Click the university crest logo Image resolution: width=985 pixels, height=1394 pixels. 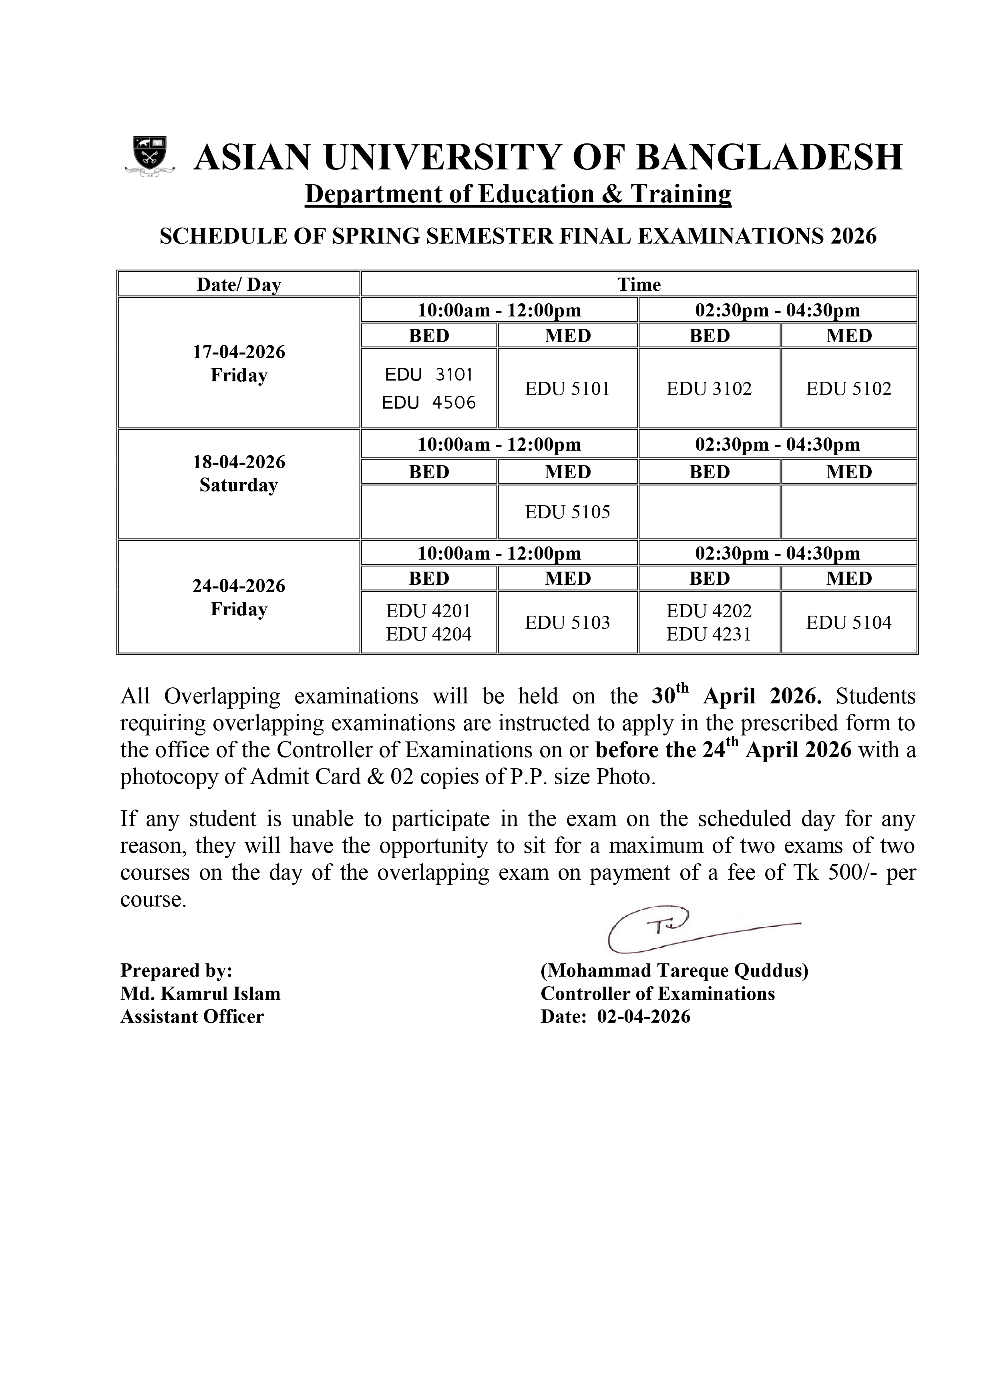click(149, 157)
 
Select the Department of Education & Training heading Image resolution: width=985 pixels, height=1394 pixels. click(518, 194)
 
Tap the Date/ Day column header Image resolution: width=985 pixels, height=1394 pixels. click(239, 285)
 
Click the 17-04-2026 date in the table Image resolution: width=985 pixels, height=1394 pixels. click(239, 352)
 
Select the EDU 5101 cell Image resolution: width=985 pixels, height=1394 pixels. click(567, 389)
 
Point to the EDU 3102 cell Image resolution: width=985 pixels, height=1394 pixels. click(709, 389)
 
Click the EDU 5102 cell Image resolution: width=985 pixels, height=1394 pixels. click(848, 389)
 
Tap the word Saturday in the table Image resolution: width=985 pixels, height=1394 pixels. click(239, 485)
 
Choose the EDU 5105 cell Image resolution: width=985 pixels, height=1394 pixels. click(567, 512)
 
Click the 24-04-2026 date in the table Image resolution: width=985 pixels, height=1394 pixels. click(239, 586)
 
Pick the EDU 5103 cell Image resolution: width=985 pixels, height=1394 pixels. click(567, 622)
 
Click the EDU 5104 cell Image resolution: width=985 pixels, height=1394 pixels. click(848, 622)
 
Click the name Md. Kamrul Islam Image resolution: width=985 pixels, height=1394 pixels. click(200, 994)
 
